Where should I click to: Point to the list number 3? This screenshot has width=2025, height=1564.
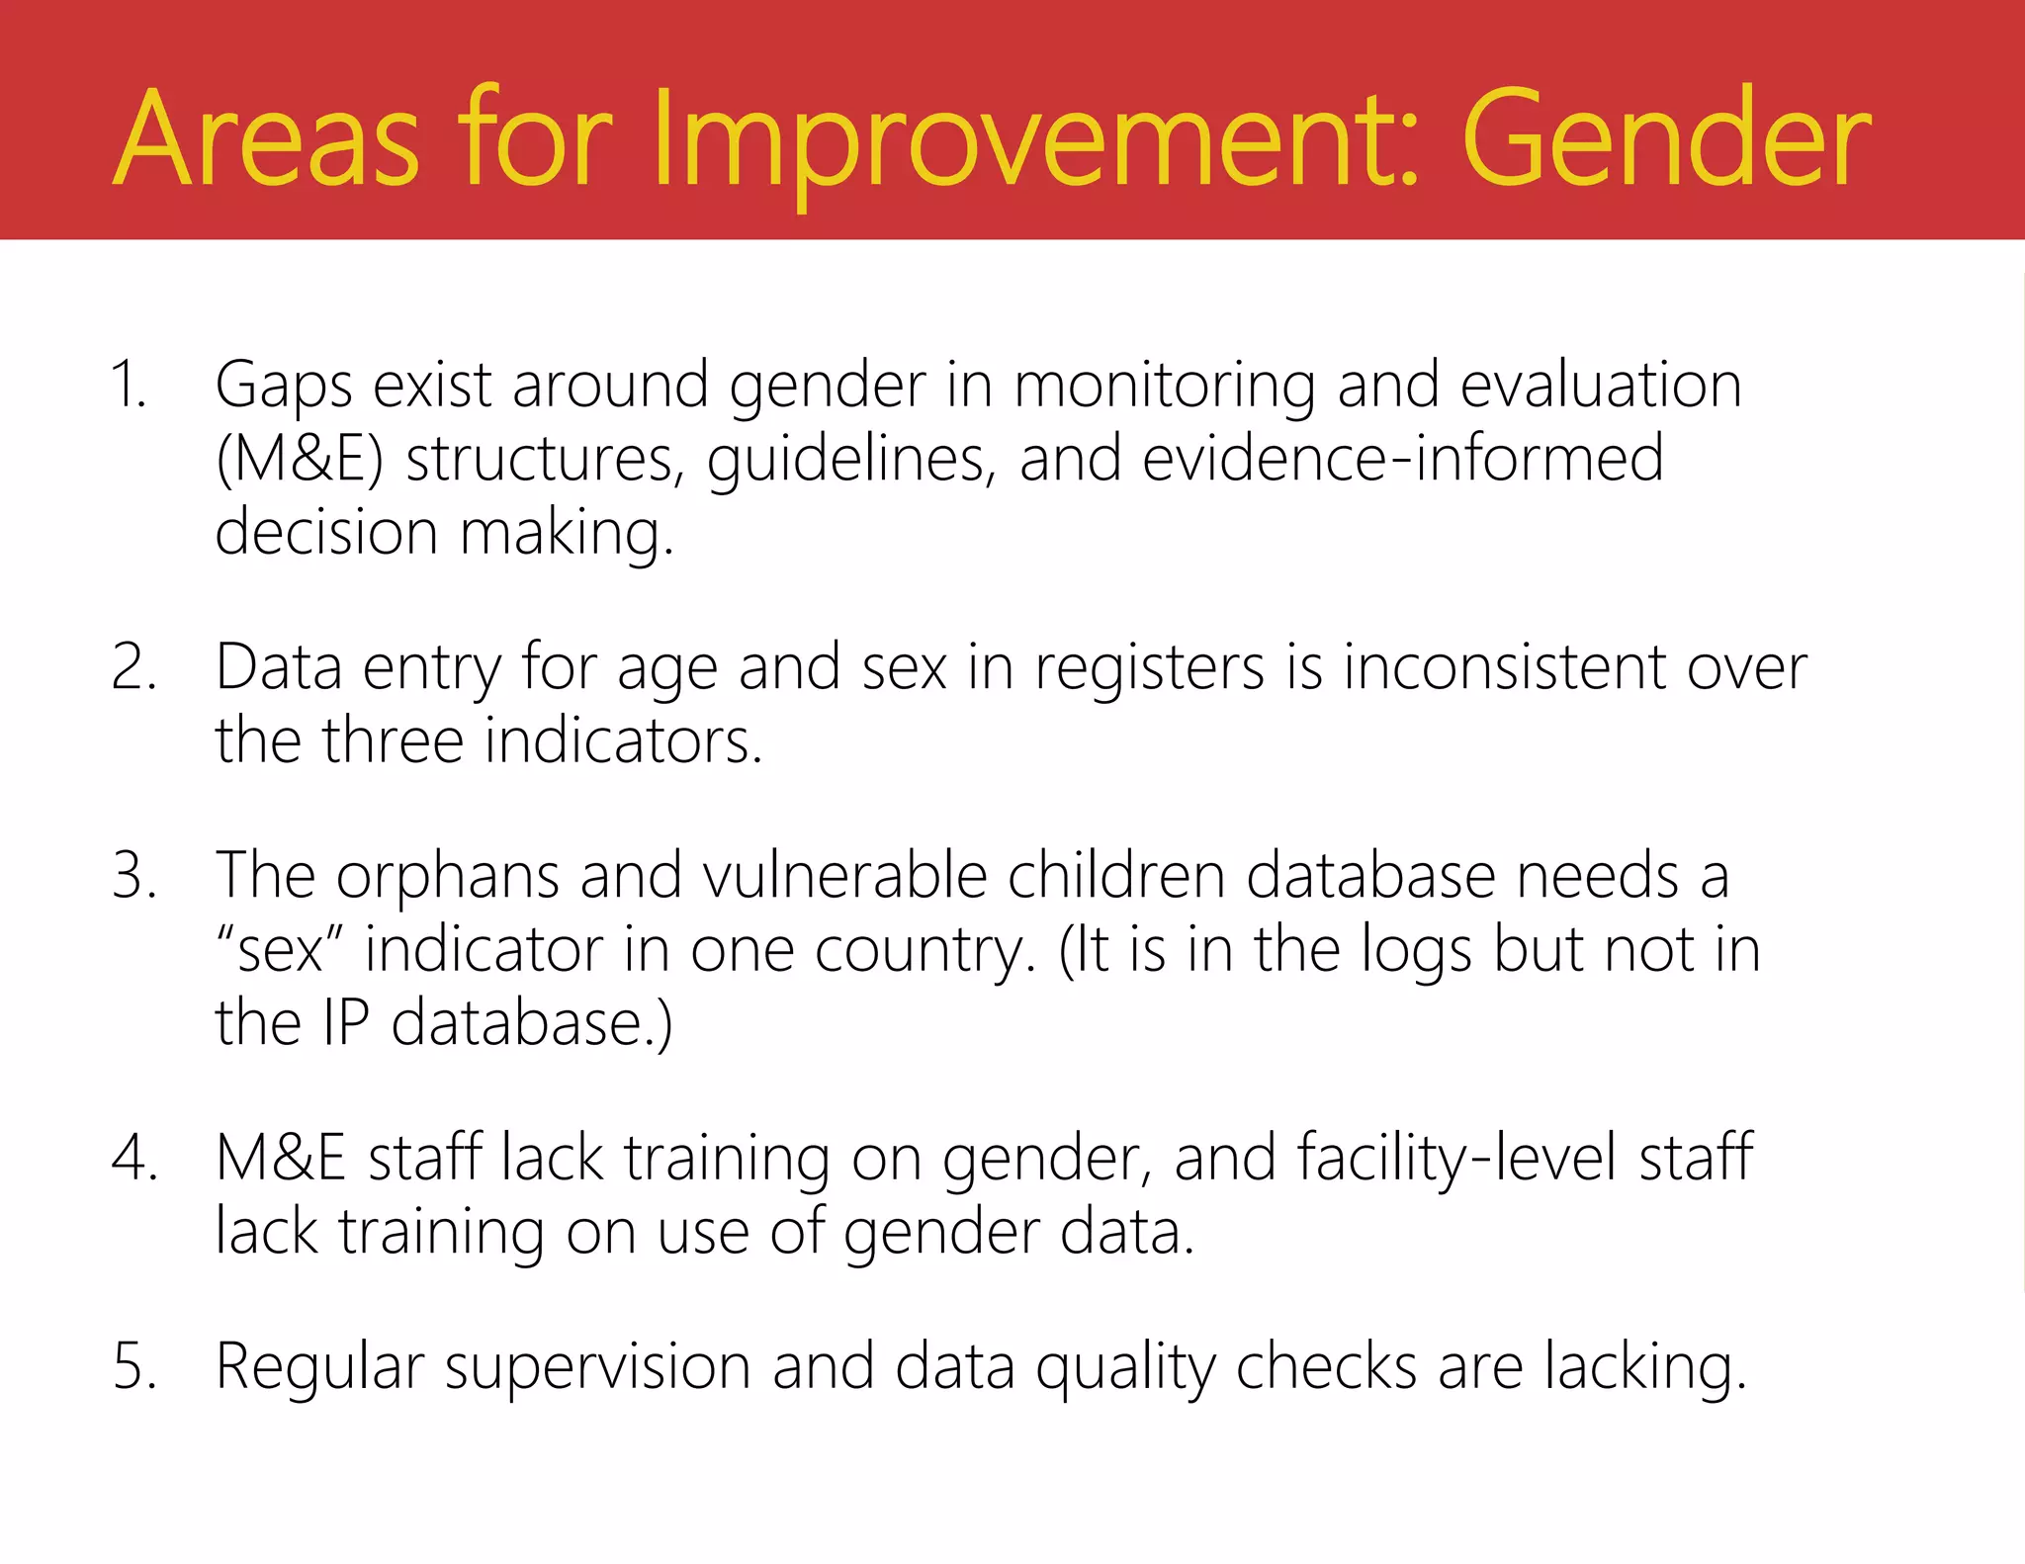click(133, 875)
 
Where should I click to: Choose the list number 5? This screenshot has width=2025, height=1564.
click(134, 1366)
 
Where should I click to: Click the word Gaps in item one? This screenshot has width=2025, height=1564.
click(284, 386)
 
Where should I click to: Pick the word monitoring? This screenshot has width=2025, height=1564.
click(1165, 386)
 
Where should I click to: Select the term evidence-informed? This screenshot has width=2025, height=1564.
click(1402, 459)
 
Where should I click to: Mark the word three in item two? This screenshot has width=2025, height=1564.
click(393, 740)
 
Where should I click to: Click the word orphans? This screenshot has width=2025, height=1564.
click(447, 877)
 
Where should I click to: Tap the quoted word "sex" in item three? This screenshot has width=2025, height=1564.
click(280, 950)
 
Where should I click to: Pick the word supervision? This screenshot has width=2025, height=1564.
click(597, 1368)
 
